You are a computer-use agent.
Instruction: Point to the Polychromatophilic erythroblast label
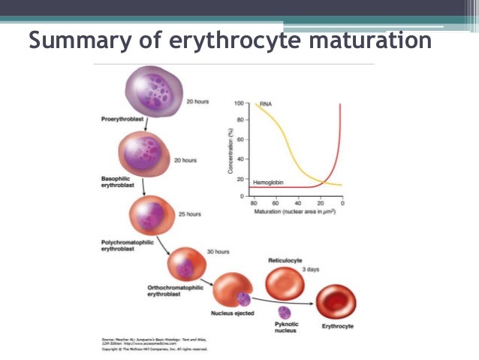[128, 246]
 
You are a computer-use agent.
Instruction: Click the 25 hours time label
[189, 214]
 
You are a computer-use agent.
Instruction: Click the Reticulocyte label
[285, 259]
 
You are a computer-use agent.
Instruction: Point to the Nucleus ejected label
[233, 313]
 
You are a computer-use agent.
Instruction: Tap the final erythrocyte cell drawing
[336, 302]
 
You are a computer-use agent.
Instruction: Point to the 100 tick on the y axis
[239, 103]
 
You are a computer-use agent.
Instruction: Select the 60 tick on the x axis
[276, 204]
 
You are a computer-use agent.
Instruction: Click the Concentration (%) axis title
[230, 150]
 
